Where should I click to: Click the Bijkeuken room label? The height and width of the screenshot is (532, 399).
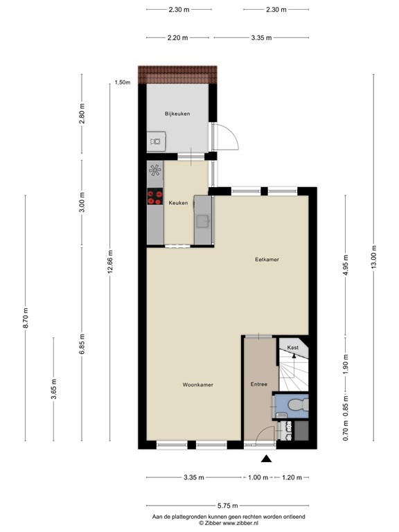coord(177,114)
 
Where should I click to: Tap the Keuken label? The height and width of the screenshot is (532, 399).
coord(178,203)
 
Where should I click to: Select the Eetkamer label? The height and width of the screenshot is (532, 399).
coord(267,260)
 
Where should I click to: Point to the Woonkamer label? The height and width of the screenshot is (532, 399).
coord(198,384)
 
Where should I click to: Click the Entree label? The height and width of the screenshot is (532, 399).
coord(259,384)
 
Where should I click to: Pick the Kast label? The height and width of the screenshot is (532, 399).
coord(293,348)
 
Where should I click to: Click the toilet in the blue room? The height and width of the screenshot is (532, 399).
coord(298,405)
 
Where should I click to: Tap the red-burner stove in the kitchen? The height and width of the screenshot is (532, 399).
coord(155,197)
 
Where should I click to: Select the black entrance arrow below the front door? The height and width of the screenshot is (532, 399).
coord(266,459)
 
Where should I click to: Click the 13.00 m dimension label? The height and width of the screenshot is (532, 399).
coord(373,257)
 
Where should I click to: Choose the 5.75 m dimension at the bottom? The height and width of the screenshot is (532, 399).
coord(228,506)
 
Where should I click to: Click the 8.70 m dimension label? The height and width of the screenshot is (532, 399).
coord(26,318)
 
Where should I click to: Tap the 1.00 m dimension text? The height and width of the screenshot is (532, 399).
coord(258,477)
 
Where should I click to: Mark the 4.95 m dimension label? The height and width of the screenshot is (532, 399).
coord(346,266)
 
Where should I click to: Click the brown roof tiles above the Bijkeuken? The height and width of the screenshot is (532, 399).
coord(177,75)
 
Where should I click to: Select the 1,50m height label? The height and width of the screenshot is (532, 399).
coord(123,82)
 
